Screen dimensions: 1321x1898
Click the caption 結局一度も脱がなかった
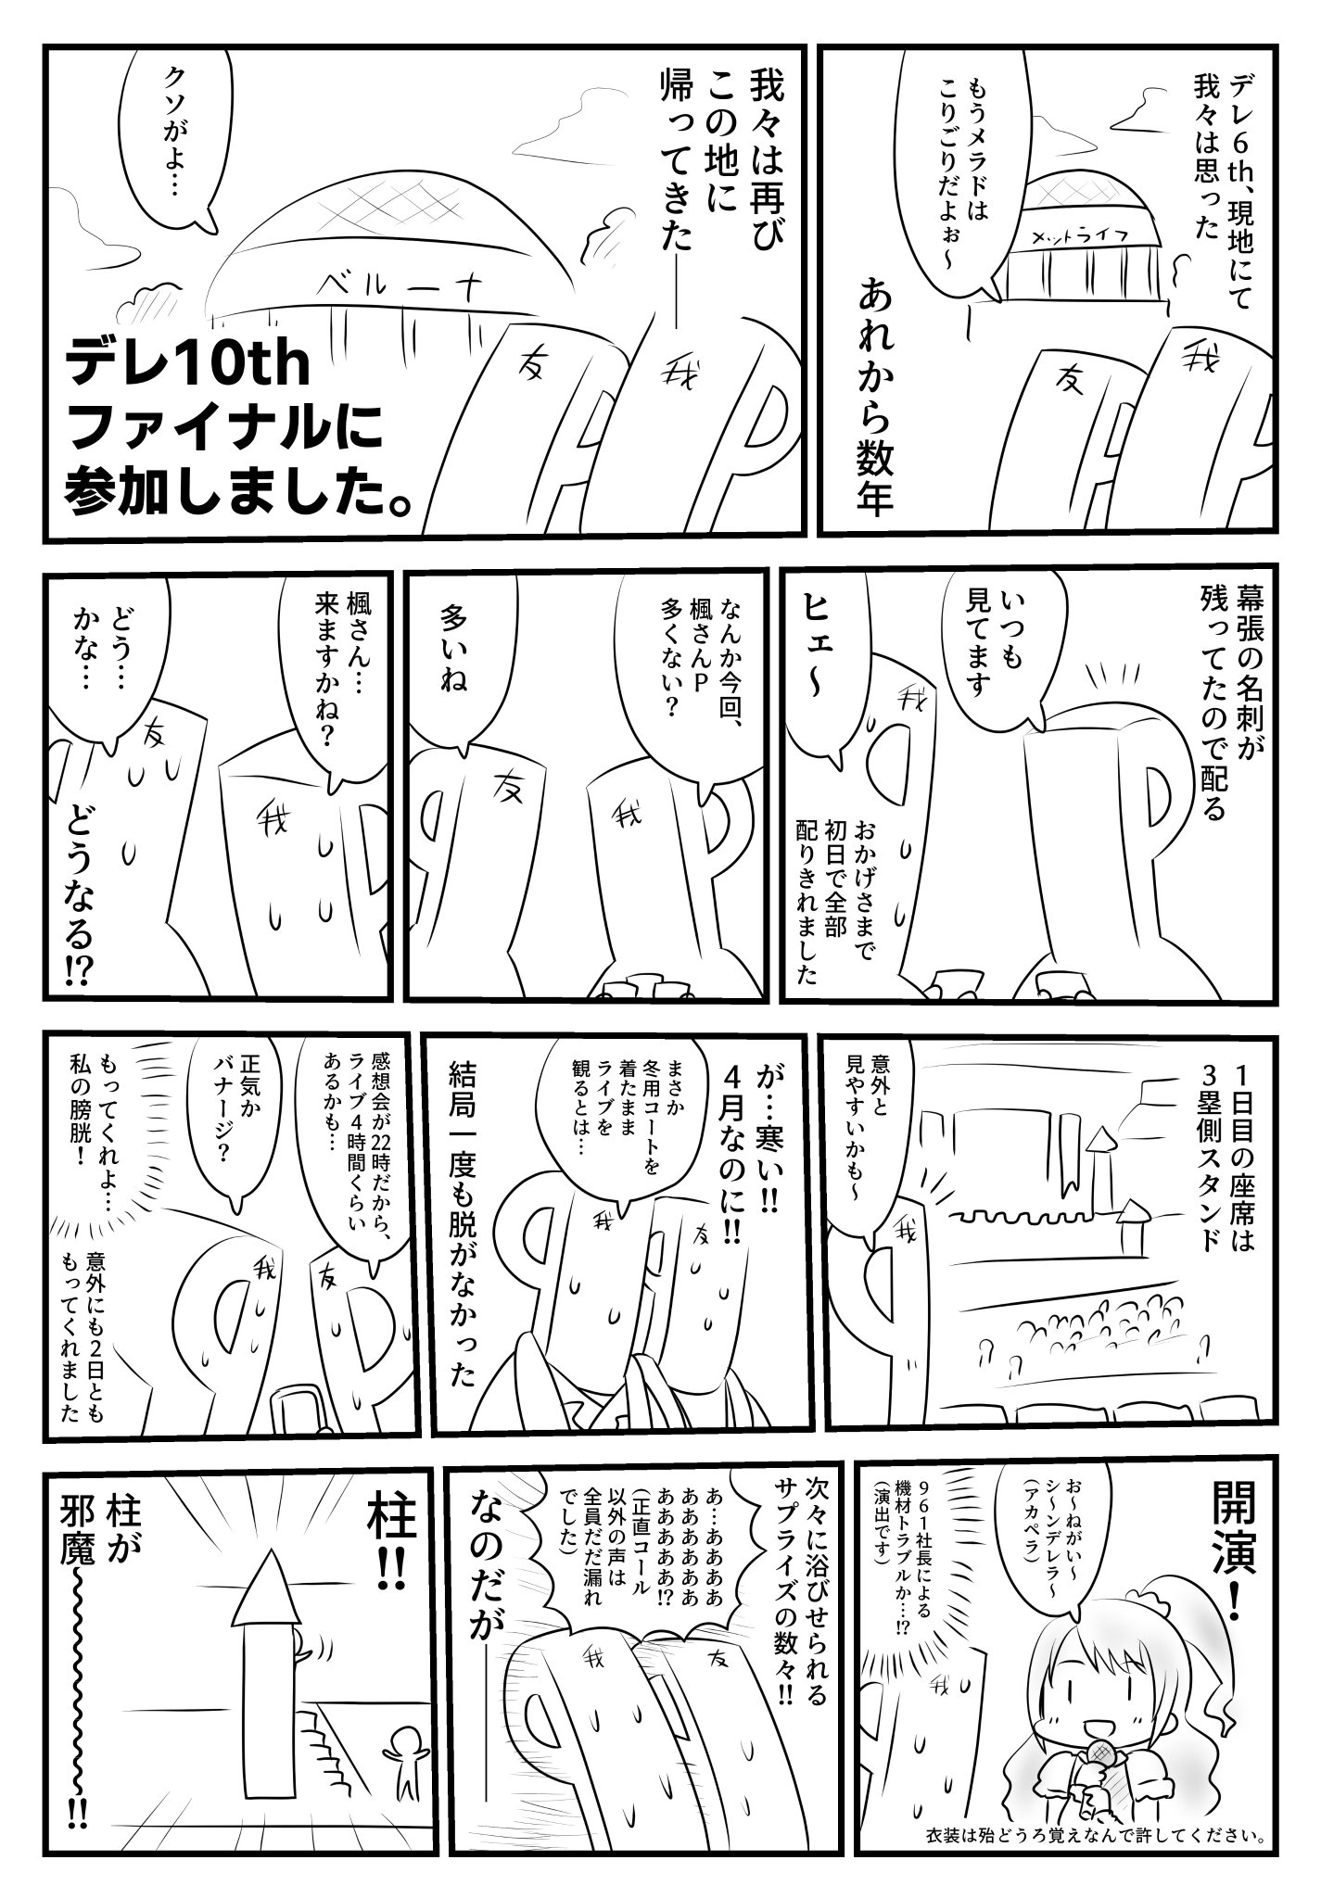(x=463, y=1205)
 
